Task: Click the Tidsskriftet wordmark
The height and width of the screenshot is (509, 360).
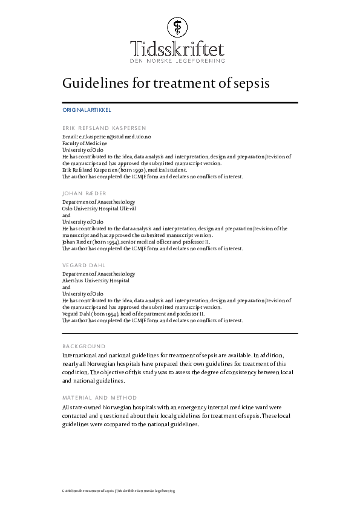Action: [177, 48]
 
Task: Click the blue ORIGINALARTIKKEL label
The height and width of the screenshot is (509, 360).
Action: [87, 111]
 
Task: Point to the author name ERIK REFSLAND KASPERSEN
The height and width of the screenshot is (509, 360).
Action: [104, 128]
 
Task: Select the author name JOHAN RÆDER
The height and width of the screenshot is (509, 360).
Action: [84, 193]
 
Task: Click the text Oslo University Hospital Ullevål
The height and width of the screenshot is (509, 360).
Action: [99, 208]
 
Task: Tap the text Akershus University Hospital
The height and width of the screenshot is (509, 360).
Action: [96, 280]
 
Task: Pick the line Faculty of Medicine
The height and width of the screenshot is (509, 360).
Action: [85, 144]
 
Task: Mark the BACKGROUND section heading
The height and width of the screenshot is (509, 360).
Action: [83, 346]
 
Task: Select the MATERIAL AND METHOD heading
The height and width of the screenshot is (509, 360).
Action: [99, 398]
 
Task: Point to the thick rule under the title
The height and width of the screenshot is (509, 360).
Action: [180, 103]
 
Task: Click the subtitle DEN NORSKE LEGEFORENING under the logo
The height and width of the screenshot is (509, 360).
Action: [177, 61]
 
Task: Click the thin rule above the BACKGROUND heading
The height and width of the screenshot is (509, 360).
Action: [180, 333]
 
